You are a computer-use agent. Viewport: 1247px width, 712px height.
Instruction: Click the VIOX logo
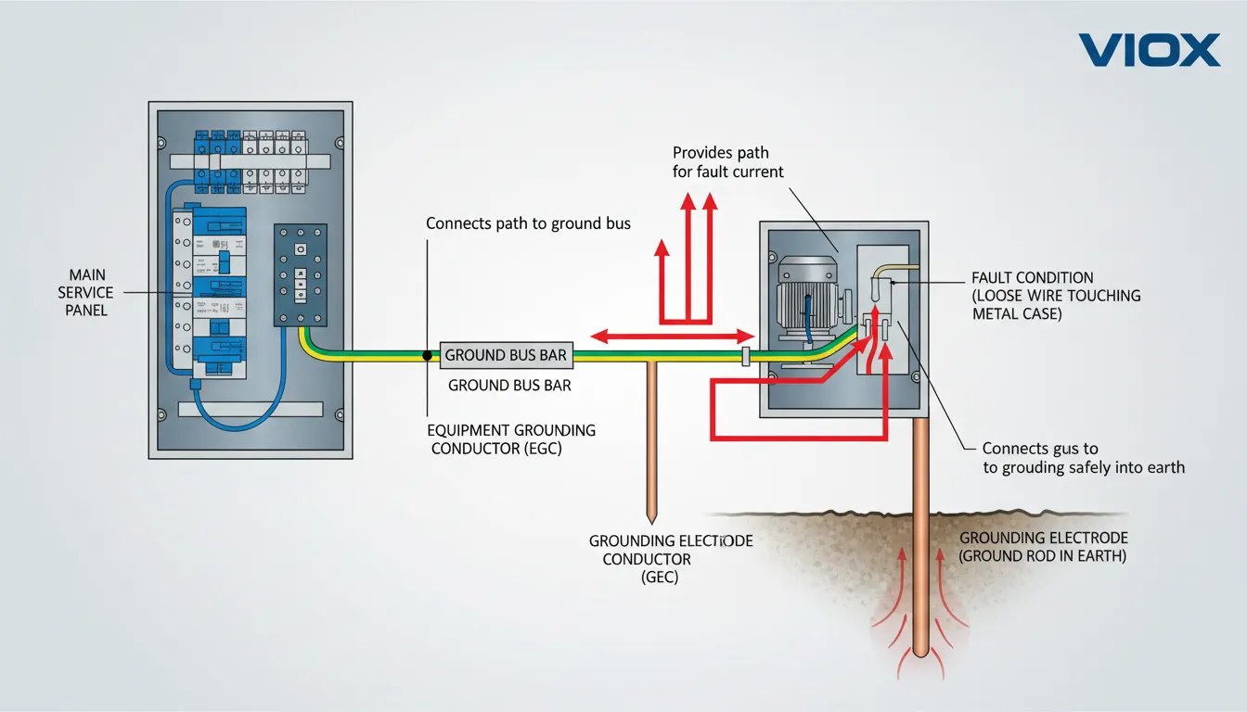coord(1150,50)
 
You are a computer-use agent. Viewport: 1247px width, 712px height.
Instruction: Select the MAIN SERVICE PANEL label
coord(86,292)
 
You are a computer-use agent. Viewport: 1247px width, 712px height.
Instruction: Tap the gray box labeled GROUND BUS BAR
coord(506,355)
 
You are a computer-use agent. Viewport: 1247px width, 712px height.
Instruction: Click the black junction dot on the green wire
coord(428,355)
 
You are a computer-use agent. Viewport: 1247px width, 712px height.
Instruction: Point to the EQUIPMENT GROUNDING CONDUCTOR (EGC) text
coord(511,439)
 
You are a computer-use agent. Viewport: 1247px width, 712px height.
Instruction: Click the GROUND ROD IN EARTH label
coord(1043,547)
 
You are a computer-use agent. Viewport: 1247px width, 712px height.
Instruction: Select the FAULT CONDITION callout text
coord(1056,296)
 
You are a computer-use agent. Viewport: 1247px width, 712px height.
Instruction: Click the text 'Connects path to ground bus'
coord(528,223)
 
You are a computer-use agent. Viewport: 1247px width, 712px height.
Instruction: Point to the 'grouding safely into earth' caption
coord(1083,458)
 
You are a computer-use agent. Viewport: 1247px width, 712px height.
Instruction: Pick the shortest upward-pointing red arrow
coord(662,278)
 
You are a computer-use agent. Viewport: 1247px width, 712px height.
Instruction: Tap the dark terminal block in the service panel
coord(301,274)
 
